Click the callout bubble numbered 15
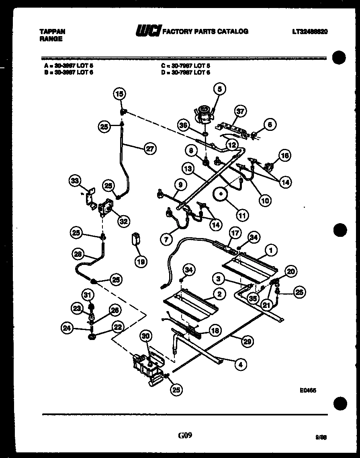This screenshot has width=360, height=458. click(x=119, y=94)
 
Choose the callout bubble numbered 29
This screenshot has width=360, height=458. click(x=247, y=342)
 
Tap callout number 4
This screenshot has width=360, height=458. click(x=241, y=364)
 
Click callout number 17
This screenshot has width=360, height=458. click(x=234, y=232)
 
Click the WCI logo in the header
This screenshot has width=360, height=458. click(x=148, y=31)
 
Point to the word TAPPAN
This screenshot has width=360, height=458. click(x=53, y=31)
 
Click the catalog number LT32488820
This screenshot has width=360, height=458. click(x=310, y=31)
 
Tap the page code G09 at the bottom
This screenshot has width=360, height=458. click(x=185, y=436)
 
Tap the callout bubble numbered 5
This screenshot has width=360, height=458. click(x=220, y=89)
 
